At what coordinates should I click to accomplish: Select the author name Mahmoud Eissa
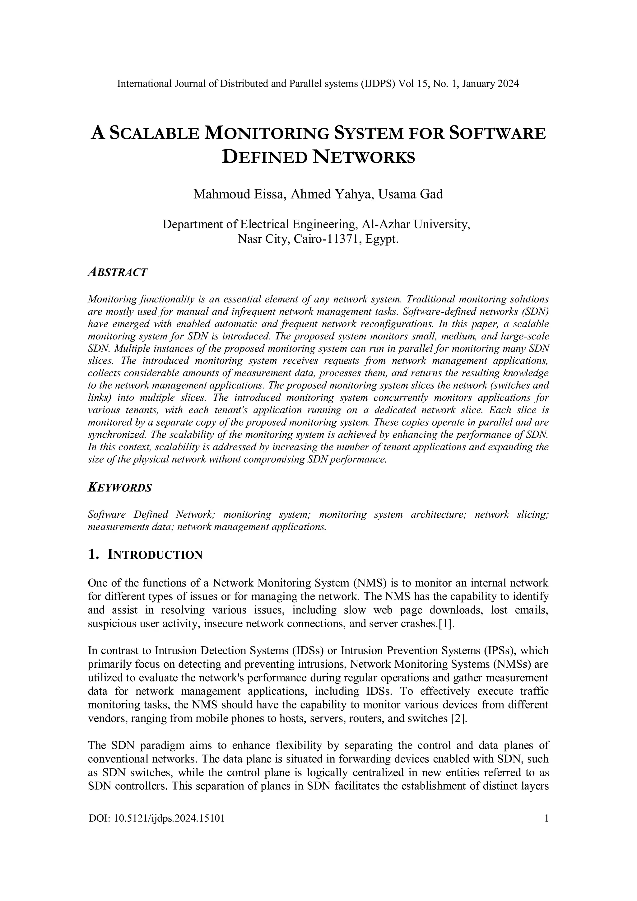pos(238,194)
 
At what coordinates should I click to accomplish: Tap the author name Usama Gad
pos(410,194)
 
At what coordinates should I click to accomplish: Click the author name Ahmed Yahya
pos(330,194)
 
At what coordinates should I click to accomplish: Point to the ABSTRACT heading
pos(117,272)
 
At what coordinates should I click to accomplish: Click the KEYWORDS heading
pos(120,488)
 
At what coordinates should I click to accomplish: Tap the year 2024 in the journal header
pos(508,84)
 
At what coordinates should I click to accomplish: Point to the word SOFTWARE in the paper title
pos(497,134)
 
